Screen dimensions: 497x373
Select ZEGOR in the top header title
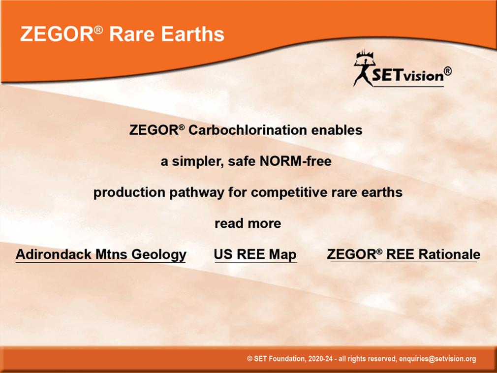click(57, 34)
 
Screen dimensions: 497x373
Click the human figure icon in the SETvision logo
click(364, 68)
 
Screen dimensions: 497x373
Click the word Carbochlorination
click(248, 130)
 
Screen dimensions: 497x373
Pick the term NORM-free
click(295, 161)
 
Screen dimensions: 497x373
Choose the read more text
click(248, 223)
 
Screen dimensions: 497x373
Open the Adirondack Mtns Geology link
click(101, 254)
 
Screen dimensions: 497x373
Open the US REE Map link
click(255, 254)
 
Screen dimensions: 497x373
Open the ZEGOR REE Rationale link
click(404, 254)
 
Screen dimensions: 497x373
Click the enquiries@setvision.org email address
click(437, 359)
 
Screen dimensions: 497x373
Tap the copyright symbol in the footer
click(250, 359)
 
